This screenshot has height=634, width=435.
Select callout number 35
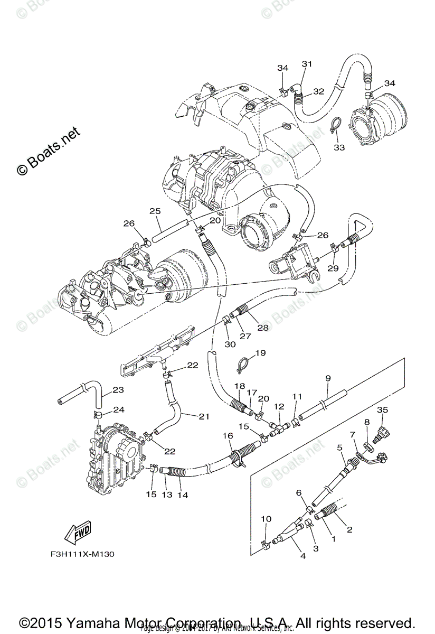point(382,411)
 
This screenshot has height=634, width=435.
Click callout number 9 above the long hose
point(328,378)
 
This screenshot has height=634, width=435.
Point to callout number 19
point(260,353)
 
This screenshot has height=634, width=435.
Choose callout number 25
point(155,211)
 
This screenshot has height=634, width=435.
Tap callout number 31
point(307,64)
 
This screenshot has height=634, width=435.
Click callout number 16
point(228,435)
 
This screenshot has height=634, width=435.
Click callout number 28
point(262,327)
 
